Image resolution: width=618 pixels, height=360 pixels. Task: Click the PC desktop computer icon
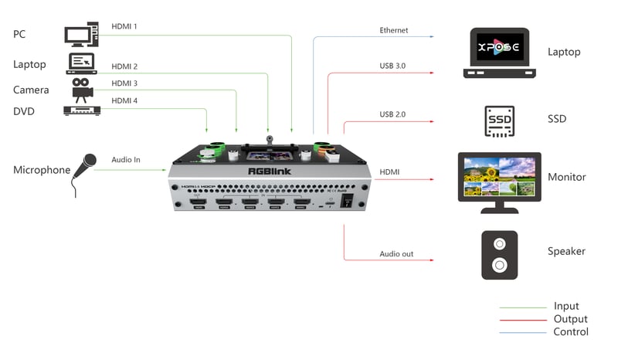(x=81, y=35)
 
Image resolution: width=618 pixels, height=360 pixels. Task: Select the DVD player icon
(x=82, y=110)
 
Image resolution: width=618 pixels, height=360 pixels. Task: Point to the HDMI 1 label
(x=124, y=26)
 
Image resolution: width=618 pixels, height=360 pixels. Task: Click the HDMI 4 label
(x=124, y=100)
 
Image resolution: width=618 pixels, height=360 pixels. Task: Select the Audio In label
(x=126, y=159)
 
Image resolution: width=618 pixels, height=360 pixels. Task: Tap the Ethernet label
(x=393, y=30)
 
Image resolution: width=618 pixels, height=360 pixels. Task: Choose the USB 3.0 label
(x=392, y=66)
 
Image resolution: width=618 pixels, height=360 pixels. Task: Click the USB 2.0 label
(x=392, y=114)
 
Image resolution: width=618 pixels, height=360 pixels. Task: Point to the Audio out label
(x=396, y=253)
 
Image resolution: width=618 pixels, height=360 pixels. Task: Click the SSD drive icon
(x=499, y=121)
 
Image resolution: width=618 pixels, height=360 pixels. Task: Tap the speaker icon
(x=499, y=255)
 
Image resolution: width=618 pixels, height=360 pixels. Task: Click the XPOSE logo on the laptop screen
(x=499, y=47)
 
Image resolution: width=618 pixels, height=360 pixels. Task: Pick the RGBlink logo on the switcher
(x=269, y=172)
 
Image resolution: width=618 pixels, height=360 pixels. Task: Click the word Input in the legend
(x=566, y=306)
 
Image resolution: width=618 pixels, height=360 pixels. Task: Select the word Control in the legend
(x=570, y=331)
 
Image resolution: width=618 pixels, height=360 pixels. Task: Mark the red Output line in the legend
(x=522, y=319)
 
